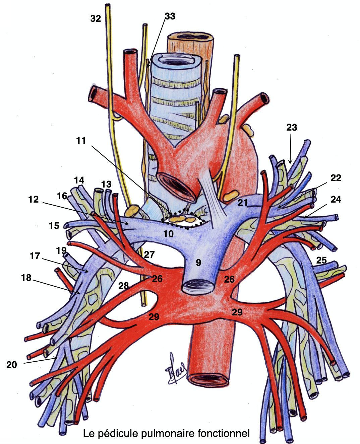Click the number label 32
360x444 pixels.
[x=96, y=18]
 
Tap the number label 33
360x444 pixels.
[x=170, y=16]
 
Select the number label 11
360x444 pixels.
[x=81, y=140]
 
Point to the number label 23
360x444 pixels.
[x=292, y=127]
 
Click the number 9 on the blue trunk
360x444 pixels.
[x=198, y=263]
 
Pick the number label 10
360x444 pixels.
[x=169, y=234]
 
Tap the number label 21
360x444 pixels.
[x=243, y=203]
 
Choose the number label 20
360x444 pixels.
[x=12, y=365]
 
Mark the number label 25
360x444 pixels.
[x=321, y=260]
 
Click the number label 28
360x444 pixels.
[x=123, y=286]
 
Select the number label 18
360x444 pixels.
[x=26, y=278]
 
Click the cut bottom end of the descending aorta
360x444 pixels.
[x=208, y=380]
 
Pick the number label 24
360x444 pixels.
[x=336, y=199]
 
